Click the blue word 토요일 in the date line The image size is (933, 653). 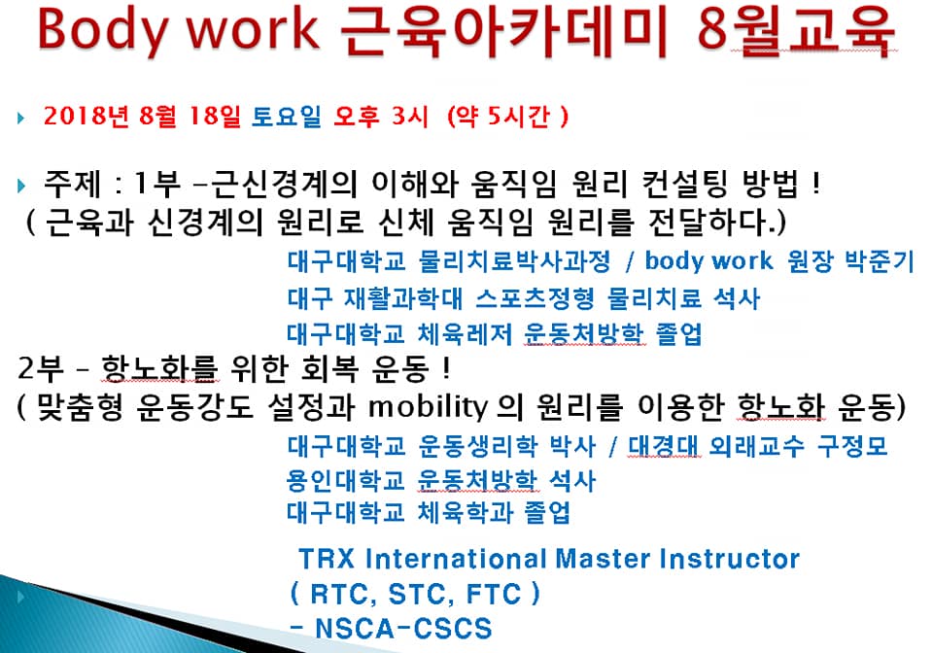[286, 116]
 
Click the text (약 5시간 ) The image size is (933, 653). [507, 116]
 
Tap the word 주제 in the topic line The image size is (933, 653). [71, 184]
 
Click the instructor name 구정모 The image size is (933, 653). [852, 445]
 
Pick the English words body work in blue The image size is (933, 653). [708, 261]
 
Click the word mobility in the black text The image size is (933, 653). [428, 407]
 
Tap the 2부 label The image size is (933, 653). [41, 368]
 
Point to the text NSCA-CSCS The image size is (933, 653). [403, 629]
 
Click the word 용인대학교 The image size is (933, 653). [345, 481]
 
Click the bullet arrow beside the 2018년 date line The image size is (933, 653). [21, 118]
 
